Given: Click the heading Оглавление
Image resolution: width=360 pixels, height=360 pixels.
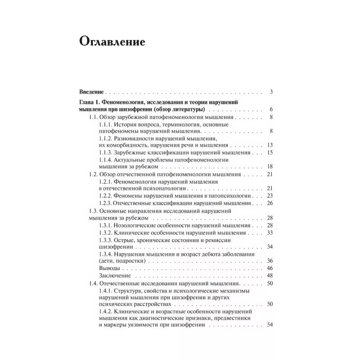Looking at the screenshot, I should coord(112,42).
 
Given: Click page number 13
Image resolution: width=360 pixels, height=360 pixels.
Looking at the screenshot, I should coord(270,145).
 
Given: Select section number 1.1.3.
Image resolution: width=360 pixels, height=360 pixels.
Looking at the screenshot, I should coord(105,153).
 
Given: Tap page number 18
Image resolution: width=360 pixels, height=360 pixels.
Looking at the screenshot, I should coord(270,166).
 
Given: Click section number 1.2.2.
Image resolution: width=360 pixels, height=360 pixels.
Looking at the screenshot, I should coord(105,196).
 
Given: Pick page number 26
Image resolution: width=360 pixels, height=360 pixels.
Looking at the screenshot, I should coord(270,203).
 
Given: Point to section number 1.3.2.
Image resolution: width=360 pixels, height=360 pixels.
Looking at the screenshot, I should coord(105,232).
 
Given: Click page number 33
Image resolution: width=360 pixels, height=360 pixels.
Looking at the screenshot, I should coord(270,232).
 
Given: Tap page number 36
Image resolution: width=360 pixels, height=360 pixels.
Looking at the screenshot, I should coord(270,261).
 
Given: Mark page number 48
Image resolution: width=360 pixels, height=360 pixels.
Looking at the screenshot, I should coord(270,275).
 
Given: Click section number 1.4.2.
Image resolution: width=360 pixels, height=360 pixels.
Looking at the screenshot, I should coord(105,311).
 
